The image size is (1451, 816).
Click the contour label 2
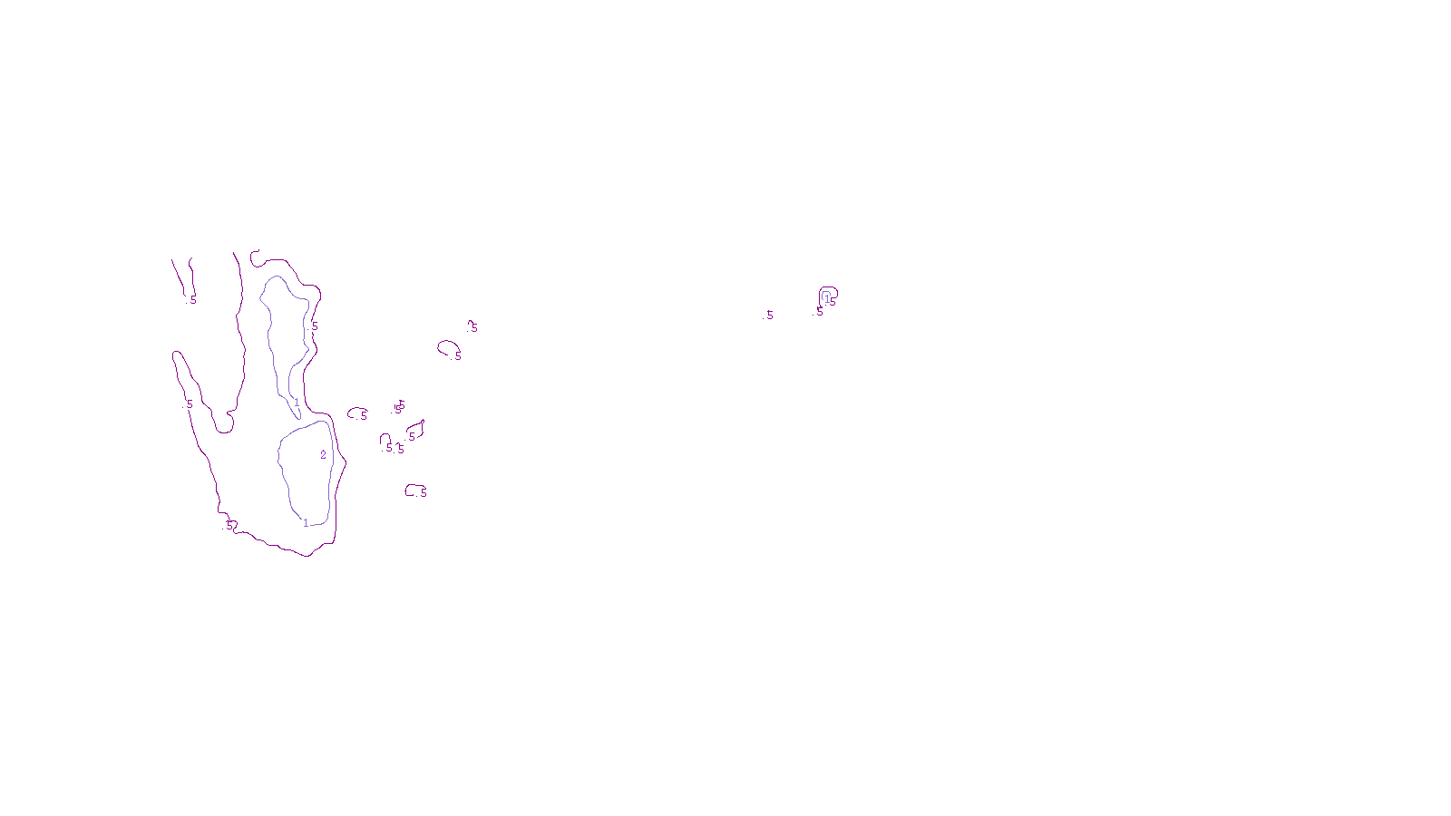tap(323, 455)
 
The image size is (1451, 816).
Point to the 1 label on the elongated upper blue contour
tap(297, 402)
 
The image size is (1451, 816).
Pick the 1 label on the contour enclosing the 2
tap(306, 522)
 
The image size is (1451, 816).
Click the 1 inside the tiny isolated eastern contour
tap(826, 296)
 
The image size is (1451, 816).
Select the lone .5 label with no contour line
tap(769, 316)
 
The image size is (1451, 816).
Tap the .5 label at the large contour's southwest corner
tap(229, 525)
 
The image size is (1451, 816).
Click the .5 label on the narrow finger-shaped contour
tap(189, 403)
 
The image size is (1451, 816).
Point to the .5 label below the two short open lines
tap(192, 299)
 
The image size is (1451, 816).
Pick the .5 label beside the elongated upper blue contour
tap(314, 325)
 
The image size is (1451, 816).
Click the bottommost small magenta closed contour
tap(413, 491)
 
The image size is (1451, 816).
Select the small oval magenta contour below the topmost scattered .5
tap(447, 347)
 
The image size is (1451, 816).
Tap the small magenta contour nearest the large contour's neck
tap(356, 413)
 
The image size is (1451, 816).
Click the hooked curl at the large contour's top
tap(255, 257)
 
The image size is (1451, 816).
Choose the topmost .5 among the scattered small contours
tap(472, 327)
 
